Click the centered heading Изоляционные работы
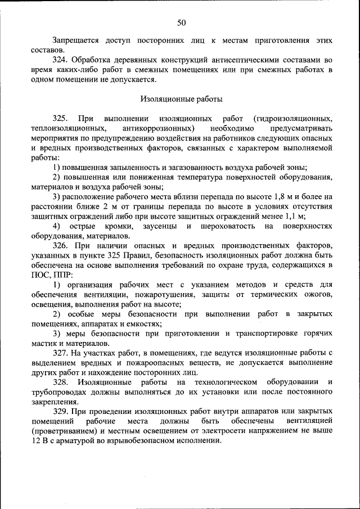point(181,99)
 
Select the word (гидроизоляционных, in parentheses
point(292,119)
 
